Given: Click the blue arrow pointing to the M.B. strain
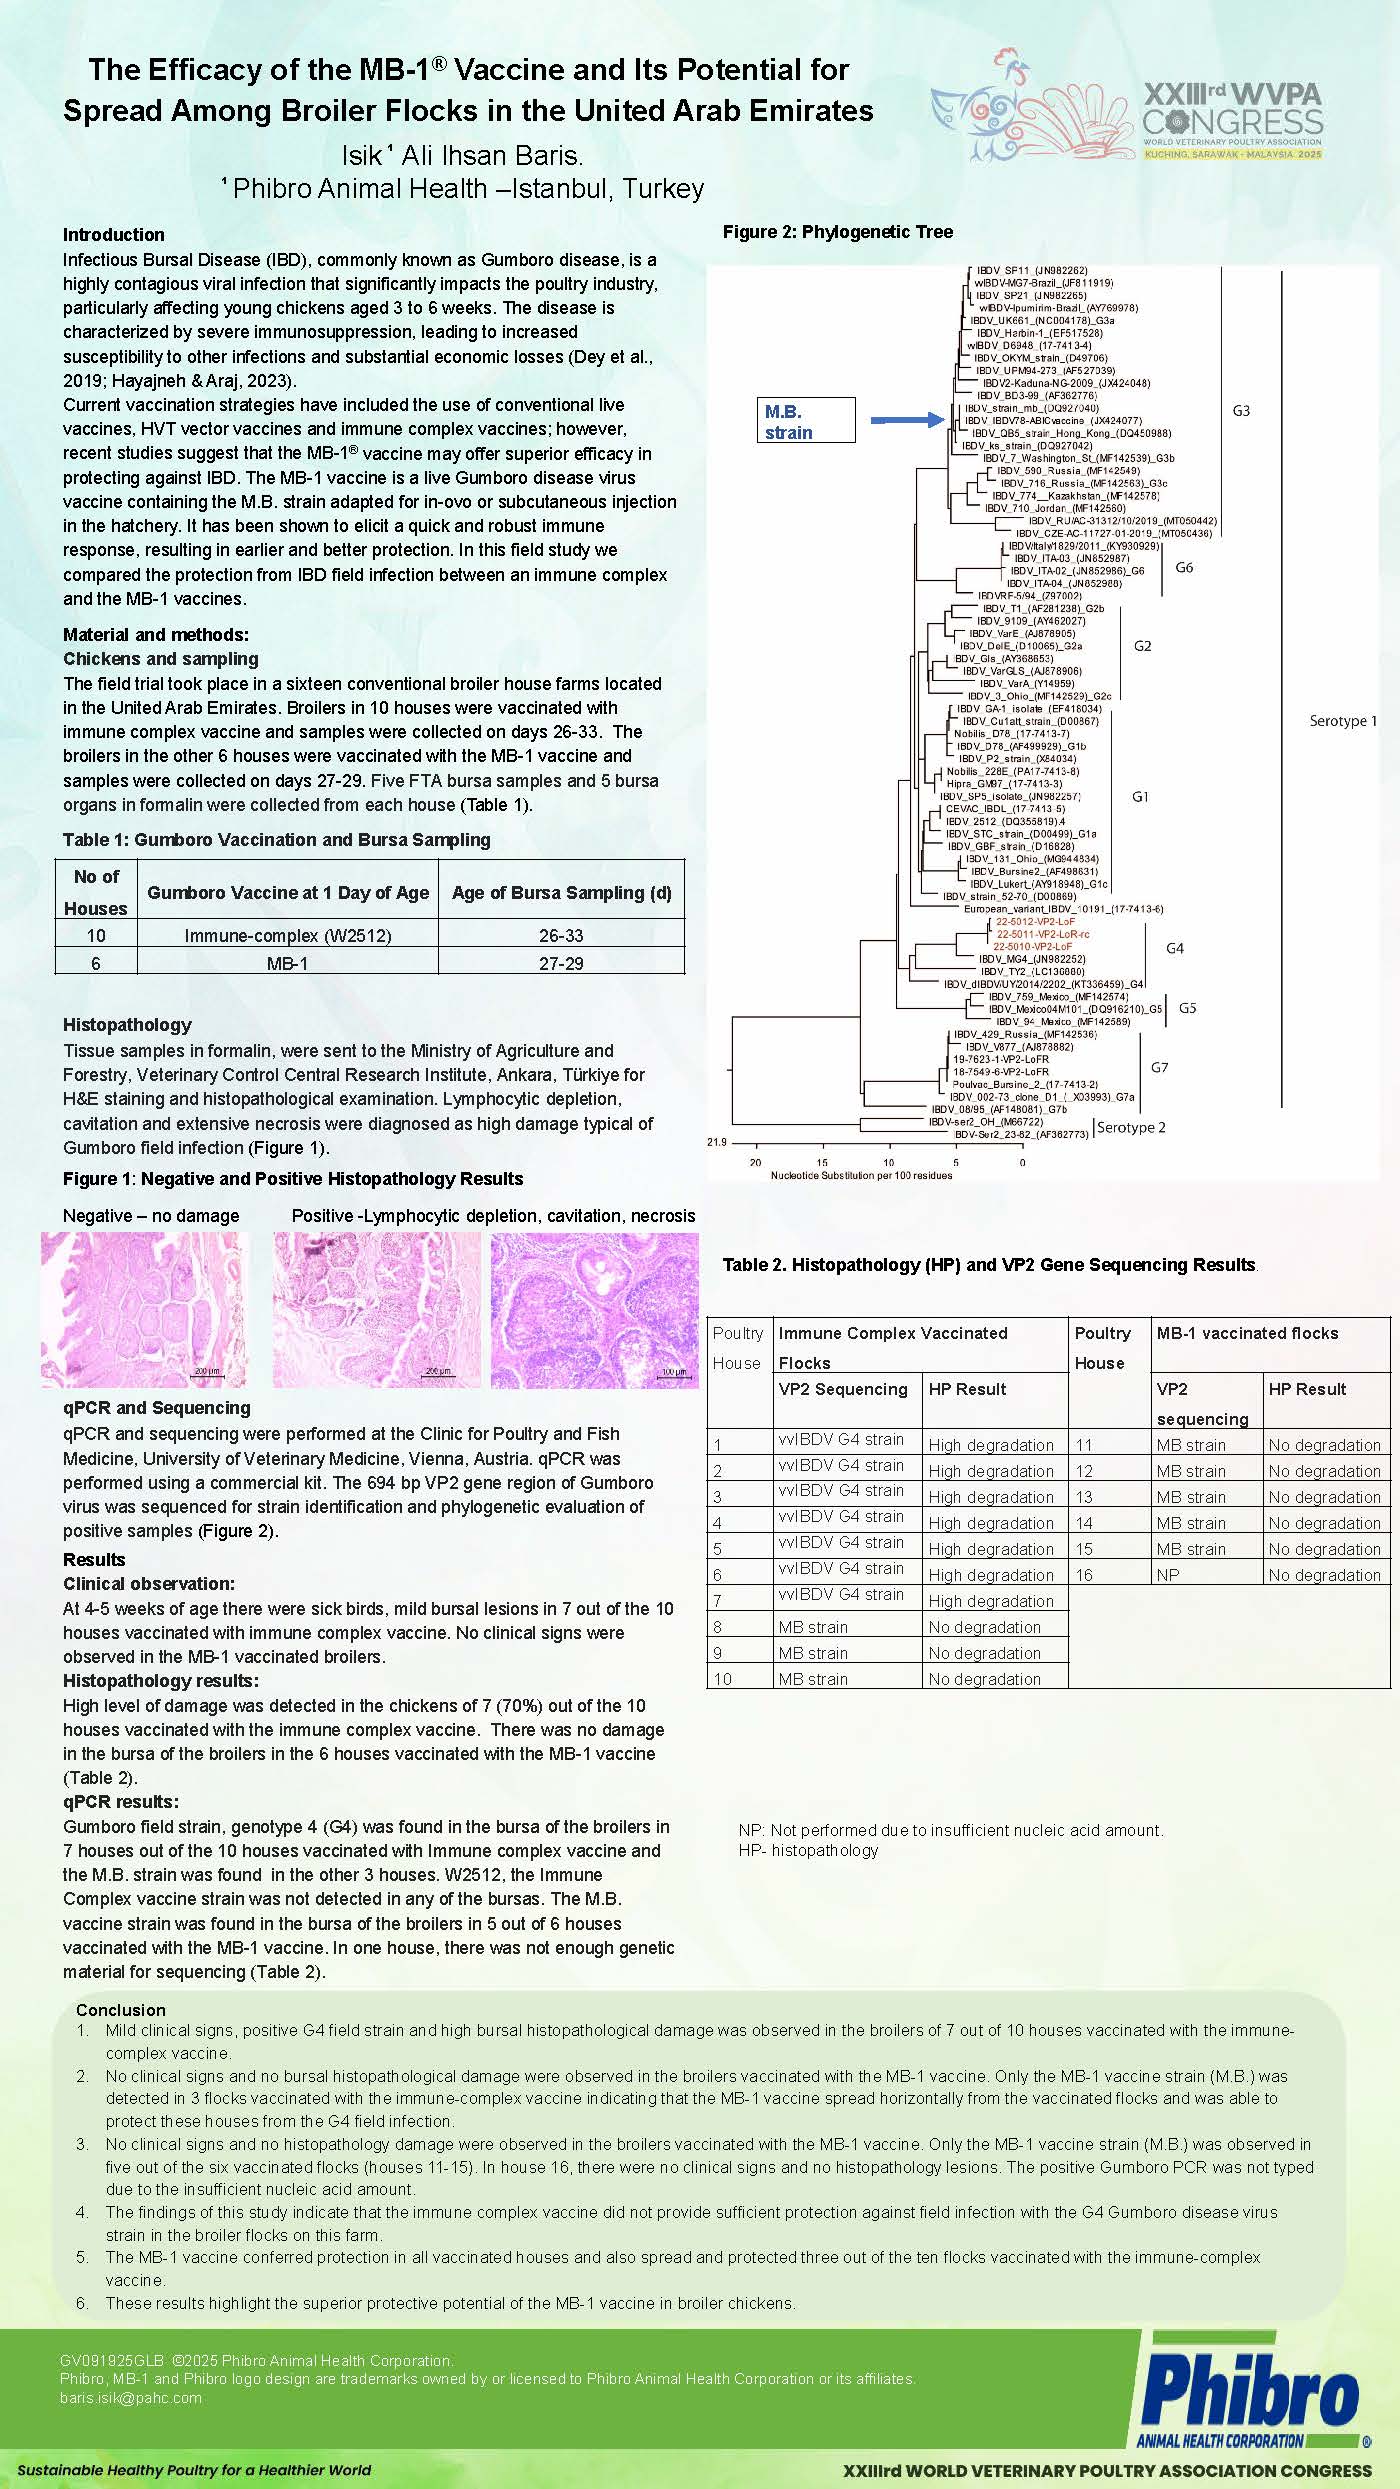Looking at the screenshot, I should [x=907, y=420].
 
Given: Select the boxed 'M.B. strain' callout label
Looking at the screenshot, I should [x=808, y=421].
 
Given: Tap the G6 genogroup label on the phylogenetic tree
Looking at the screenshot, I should [x=1184, y=567].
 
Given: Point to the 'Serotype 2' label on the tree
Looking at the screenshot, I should [x=1131, y=1127].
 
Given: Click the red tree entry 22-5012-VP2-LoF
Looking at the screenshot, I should [x=1035, y=921].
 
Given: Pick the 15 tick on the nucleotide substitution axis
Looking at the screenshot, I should [x=822, y=1162].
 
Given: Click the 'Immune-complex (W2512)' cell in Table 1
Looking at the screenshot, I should [x=288, y=935].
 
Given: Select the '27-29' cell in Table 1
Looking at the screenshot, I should [x=561, y=963].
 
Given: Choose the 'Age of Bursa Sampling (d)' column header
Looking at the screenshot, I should [x=561, y=892].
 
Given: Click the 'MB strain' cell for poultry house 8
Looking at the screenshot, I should [x=813, y=1627].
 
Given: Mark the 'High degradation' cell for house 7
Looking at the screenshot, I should [x=990, y=1601].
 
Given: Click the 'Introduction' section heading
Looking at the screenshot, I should [x=114, y=235].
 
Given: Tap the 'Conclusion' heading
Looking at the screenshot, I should [x=121, y=2009].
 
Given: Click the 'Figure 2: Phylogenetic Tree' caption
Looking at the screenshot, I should [x=838, y=232].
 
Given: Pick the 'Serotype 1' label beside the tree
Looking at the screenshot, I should [x=1343, y=721].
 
